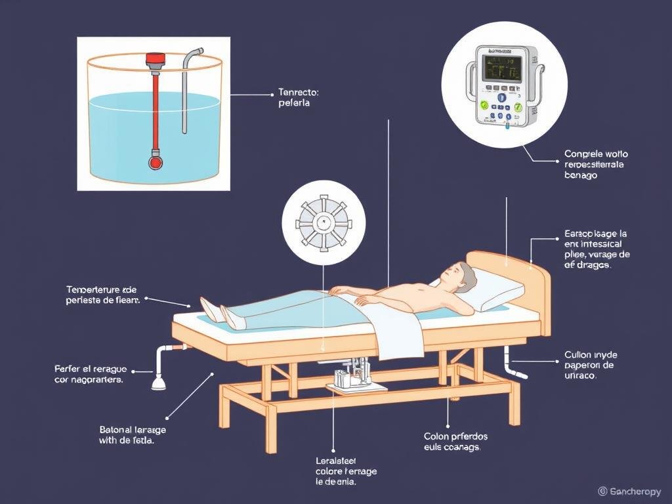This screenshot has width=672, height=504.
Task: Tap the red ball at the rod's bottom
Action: pyautogui.click(x=155, y=161)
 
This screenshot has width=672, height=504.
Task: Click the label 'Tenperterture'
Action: pyautogui.click(x=102, y=295)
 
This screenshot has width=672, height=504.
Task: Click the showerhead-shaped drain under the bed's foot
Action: pyautogui.click(x=159, y=381)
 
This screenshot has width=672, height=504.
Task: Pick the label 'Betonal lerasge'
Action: pyautogui.click(x=133, y=434)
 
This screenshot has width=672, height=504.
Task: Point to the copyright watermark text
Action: pyautogui.click(x=631, y=491)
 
